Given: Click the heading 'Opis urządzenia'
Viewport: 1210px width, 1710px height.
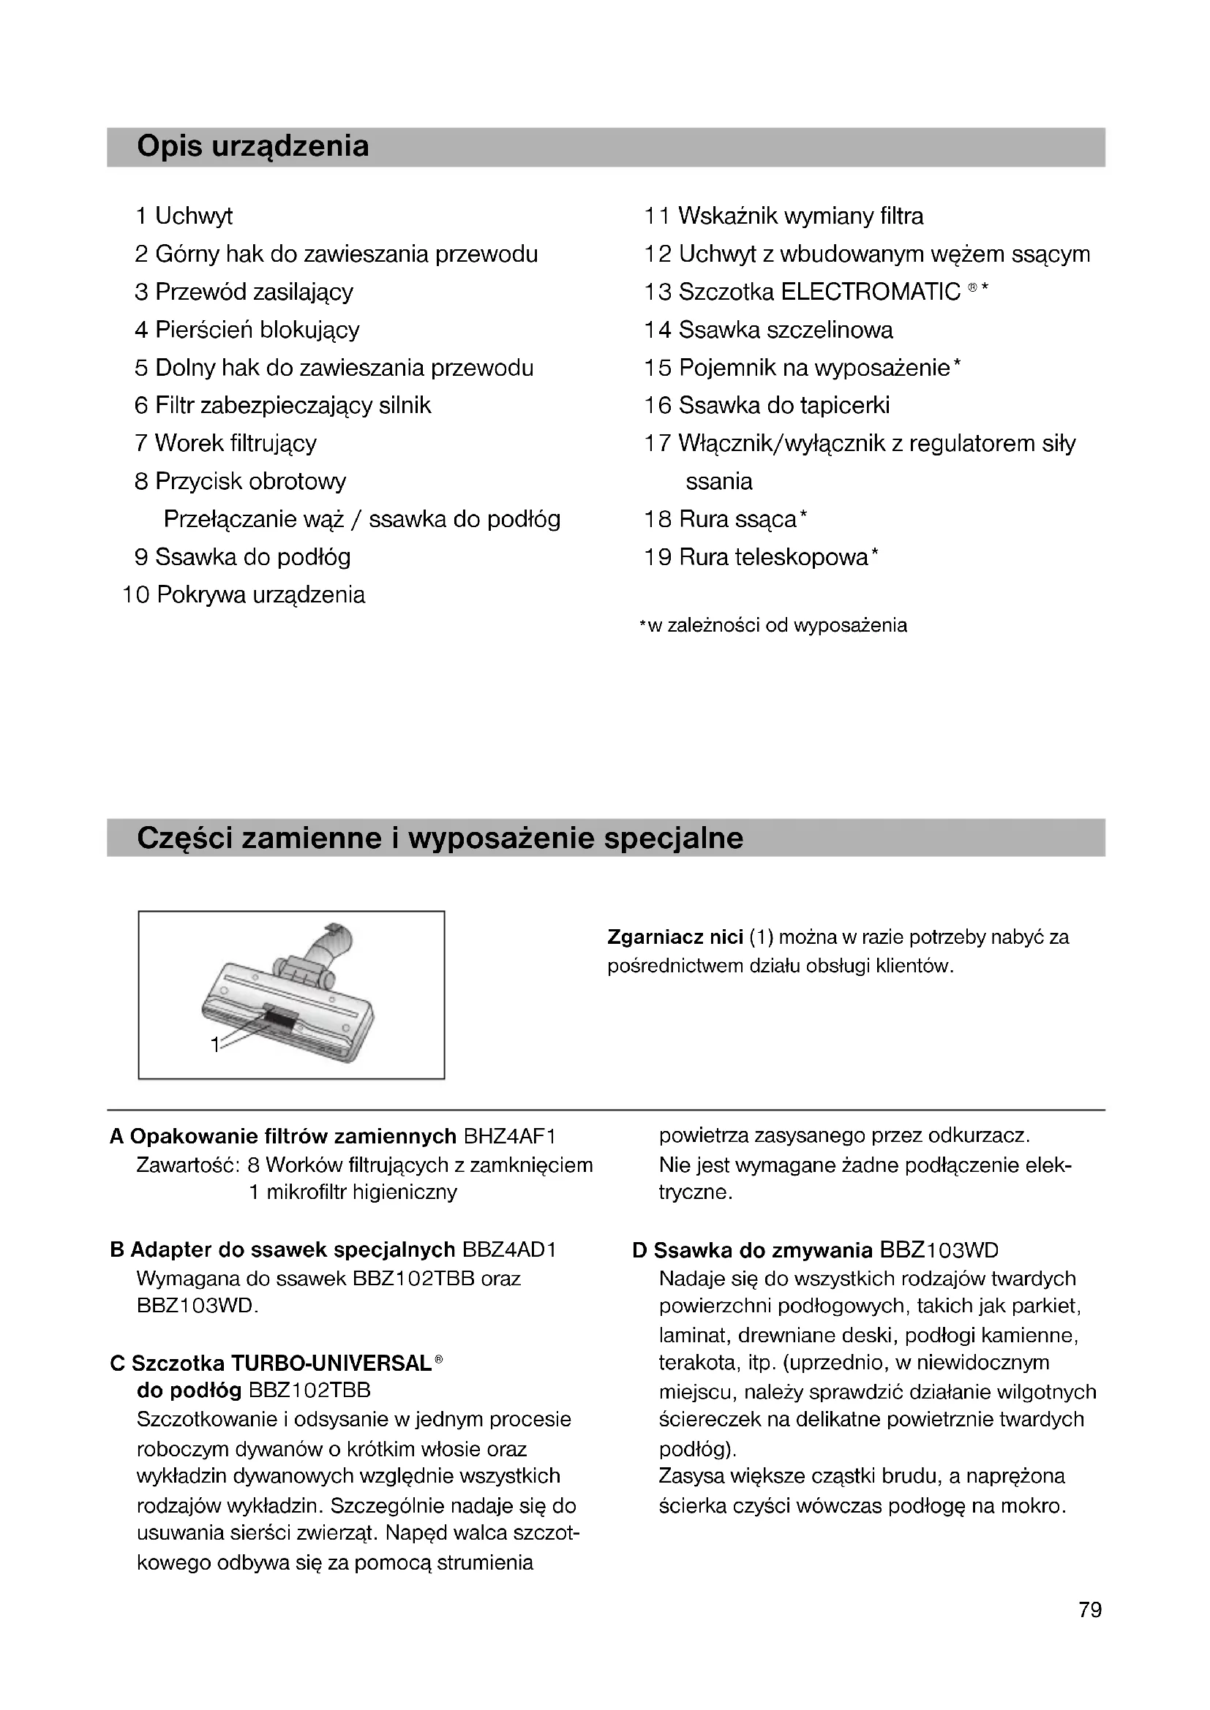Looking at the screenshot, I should (252, 147).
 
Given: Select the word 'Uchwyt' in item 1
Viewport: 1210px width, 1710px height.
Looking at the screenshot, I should (193, 216).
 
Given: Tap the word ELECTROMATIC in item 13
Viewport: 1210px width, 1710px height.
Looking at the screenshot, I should (871, 292).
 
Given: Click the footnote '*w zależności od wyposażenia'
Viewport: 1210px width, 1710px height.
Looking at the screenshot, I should (773, 626).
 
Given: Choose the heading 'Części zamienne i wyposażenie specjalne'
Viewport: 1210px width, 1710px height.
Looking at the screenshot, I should (440, 839).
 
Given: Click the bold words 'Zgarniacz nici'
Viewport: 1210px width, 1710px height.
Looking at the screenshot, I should (675, 937).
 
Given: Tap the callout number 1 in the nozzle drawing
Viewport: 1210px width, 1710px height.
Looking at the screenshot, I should (214, 1045).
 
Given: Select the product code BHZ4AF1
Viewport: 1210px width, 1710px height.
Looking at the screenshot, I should (510, 1137).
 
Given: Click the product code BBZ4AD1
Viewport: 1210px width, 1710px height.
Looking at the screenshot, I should (510, 1249).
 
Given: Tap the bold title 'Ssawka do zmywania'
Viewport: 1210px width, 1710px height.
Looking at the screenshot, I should (762, 1249).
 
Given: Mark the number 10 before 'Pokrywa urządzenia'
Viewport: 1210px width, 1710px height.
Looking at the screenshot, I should (135, 595).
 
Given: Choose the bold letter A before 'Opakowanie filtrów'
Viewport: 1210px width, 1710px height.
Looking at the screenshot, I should (116, 1137).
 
